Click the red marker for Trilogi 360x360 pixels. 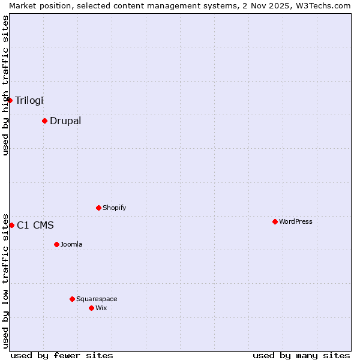click(10, 100)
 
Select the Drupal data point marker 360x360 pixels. click(44, 121)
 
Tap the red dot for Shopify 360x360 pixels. click(98, 208)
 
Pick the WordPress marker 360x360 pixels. click(275, 221)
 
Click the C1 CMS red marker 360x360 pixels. click(11, 225)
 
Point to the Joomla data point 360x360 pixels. click(56, 244)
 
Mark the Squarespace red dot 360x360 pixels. click(72, 299)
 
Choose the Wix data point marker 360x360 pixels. click(91, 308)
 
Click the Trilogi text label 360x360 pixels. click(29, 100)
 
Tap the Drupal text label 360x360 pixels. click(65, 121)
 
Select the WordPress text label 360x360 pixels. click(296, 221)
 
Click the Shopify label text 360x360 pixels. click(115, 208)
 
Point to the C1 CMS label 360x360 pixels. click(35, 225)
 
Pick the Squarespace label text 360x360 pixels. click(97, 299)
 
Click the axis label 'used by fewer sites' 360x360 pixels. click(62, 355)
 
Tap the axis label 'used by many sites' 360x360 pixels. click(301, 355)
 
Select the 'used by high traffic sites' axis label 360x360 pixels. click(5, 85)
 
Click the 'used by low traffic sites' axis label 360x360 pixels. click(5, 280)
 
